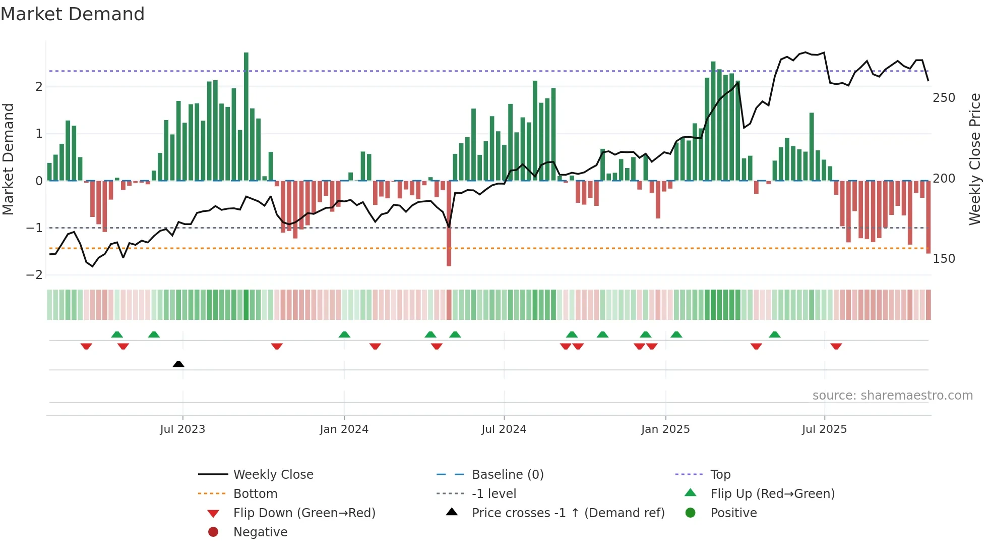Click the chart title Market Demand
tap(73, 14)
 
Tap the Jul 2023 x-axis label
tap(182, 429)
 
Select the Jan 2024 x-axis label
tap(344, 429)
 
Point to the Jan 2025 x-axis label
tap(665, 429)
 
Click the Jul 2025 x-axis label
tap(825, 429)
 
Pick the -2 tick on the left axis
tap(35, 275)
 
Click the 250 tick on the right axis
tap(944, 98)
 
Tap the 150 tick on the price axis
tap(944, 259)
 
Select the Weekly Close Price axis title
tap(975, 159)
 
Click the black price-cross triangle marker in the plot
tap(178, 364)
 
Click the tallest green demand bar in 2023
tap(246, 116)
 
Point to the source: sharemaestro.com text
tap(892, 396)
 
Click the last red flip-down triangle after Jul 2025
tap(836, 346)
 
